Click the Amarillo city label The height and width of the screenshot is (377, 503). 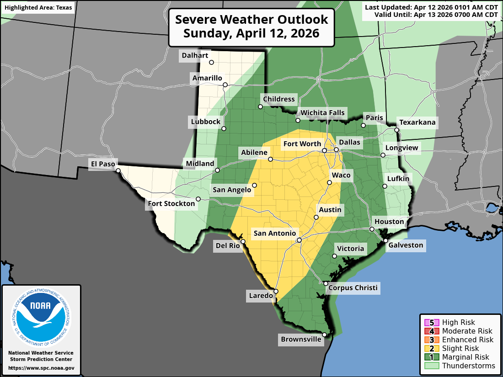click(x=207, y=78)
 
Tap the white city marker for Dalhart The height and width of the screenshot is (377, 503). click(x=211, y=63)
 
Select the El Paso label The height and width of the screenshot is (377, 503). click(x=103, y=164)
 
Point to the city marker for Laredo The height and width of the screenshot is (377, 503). click(x=276, y=291)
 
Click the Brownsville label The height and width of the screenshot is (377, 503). click(x=301, y=339)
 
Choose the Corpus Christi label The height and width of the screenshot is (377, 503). click(x=353, y=287)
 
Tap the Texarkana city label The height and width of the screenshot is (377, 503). click(x=417, y=122)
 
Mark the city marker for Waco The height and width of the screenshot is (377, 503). click(x=329, y=183)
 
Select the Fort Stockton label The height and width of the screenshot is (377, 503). click(x=171, y=203)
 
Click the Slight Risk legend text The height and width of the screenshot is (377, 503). click(x=460, y=348)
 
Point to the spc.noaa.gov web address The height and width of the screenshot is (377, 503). click(x=41, y=368)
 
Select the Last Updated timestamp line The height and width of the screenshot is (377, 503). click(x=431, y=7)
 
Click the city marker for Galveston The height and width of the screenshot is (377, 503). click(x=385, y=240)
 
